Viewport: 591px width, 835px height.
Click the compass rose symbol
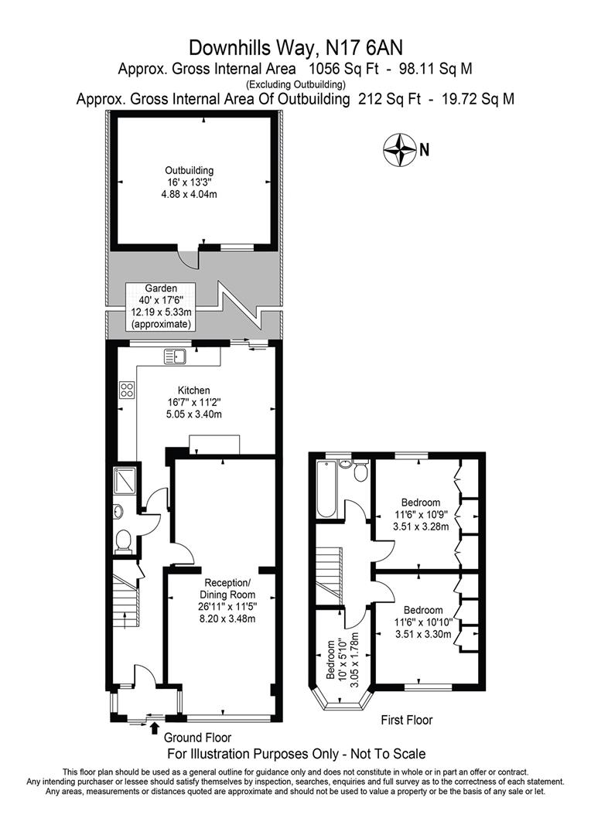tap(400, 150)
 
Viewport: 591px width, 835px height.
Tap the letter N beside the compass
tap(424, 150)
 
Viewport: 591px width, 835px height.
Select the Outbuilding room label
tap(190, 182)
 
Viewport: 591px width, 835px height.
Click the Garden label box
tap(161, 307)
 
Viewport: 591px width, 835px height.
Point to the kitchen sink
tap(176, 356)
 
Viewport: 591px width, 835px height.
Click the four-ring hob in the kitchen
tap(128, 390)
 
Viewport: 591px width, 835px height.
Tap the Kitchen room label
tap(194, 402)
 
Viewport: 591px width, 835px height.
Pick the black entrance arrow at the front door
tap(155, 728)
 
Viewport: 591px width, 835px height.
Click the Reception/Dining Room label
tap(227, 600)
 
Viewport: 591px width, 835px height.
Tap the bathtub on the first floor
tap(325, 489)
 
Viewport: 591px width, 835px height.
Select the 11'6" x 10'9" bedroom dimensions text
tap(421, 514)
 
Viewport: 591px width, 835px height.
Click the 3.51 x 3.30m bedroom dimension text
tap(423, 634)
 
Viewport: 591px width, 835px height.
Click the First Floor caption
tap(407, 720)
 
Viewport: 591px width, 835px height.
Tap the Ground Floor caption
tap(197, 738)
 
